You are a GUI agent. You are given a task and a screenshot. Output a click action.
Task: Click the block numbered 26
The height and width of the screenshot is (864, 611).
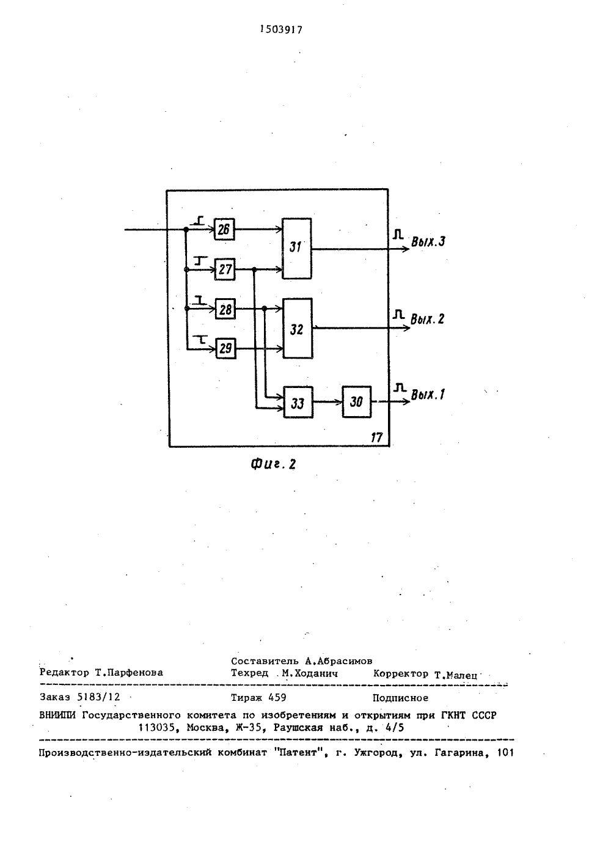click(x=224, y=230)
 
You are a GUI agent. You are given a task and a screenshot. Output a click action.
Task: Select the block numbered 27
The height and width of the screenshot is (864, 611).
click(x=225, y=269)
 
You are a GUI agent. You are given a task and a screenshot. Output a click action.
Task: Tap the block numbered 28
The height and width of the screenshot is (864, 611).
click(x=225, y=309)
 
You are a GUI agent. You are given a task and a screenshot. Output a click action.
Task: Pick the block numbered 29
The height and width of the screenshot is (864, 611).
click(x=225, y=348)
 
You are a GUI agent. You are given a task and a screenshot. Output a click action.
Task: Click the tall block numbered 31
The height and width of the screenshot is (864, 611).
click(x=296, y=249)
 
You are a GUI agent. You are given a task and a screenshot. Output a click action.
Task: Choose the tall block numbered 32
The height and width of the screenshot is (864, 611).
click(x=298, y=328)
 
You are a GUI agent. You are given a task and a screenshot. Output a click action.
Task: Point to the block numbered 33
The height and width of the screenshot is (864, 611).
click(x=298, y=402)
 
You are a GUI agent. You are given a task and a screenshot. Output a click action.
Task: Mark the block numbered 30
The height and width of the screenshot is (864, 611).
click(x=357, y=402)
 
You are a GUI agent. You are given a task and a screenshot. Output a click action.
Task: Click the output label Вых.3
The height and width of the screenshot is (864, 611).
click(x=428, y=241)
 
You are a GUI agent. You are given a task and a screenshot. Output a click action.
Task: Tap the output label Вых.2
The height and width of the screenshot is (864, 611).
click(x=427, y=319)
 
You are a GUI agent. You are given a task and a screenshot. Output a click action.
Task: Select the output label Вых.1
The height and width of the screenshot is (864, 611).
click(x=428, y=395)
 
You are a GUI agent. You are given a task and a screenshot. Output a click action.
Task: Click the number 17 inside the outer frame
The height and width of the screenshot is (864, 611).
click(x=376, y=437)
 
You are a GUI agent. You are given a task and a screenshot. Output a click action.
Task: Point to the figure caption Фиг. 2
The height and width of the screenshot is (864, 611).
click(x=273, y=464)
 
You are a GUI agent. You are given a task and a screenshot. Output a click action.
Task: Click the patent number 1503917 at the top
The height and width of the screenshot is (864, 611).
click(x=281, y=29)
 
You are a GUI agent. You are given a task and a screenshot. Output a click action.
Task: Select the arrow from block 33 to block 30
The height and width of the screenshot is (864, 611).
click(x=328, y=402)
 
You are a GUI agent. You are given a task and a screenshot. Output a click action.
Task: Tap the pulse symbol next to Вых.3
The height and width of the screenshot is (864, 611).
click(x=398, y=234)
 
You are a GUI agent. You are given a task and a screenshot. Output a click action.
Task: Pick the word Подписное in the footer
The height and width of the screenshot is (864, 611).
click(x=400, y=698)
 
